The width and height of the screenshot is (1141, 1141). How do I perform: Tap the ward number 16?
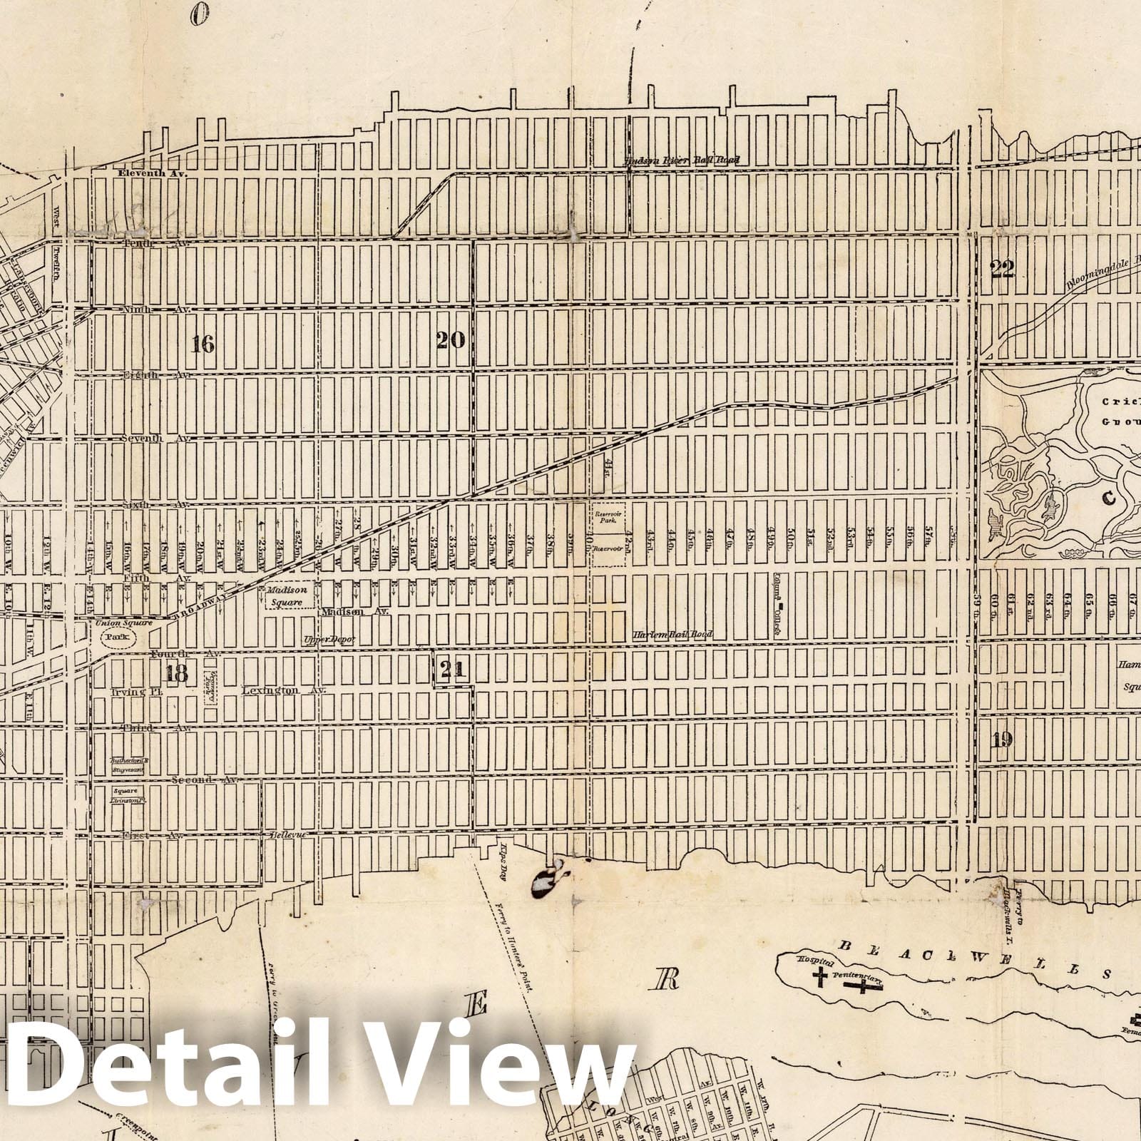tap(203, 344)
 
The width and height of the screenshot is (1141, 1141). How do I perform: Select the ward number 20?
tap(451, 340)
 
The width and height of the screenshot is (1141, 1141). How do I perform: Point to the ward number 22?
tap(1002, 267)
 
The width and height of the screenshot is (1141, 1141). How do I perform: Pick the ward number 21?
tap(453, 669)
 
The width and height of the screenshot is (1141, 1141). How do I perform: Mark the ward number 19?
tap(1001, 739)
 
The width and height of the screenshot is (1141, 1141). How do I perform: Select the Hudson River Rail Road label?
tap(681, 160)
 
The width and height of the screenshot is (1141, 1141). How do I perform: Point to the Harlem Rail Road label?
tap(673, 634)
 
